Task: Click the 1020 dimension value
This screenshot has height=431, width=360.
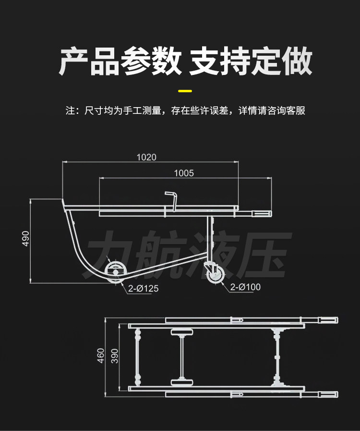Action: [x=146, y=157]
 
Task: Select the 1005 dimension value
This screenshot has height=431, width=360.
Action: [x=184, y=173]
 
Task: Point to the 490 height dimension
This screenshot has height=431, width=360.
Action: [x=25, y=239]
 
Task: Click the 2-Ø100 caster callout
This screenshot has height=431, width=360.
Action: [x=245, y=287]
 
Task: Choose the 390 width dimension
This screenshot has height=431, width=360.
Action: [x=114, y=356]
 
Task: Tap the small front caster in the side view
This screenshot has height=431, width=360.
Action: [x=215, y=275]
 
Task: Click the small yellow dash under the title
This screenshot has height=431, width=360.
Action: [x=185, y=90]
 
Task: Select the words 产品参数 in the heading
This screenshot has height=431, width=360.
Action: [x=120, y=61]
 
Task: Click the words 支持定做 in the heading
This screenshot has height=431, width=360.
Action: [x=251, y=61]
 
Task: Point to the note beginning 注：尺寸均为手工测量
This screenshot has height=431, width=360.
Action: [x=185, y=111]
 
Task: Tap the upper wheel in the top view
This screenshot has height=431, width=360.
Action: [x=182, y=332]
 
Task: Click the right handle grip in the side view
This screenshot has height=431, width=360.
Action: [x=261, y=213]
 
